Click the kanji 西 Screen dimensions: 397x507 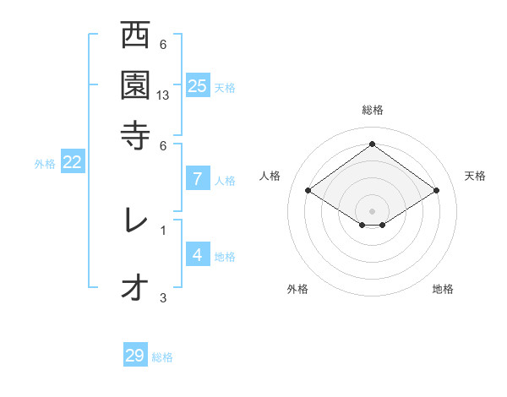(x=134, y=37)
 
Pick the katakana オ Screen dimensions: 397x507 (x=134, y=288)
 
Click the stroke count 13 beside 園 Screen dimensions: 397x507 (x=163, y=95)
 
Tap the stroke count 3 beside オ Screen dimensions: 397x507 (x=163, y=297)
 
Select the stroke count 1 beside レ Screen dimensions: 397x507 (x=163, y=229)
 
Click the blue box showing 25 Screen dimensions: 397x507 (x=197, y=85)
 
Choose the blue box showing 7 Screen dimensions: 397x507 (x=197, y=178)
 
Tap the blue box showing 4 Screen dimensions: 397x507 (x=197, y=254)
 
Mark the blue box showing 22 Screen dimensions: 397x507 (x=72, y=163)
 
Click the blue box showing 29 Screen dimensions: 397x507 (x=135, y=356)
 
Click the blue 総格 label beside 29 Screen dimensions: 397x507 (x=162, y=357)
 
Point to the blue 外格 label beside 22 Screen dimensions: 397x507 (x=44, y=164)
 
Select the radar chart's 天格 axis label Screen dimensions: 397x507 (x=475, y=176)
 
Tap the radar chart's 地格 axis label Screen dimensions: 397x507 (x=443, y=289)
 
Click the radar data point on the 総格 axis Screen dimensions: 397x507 (x=372, y=144)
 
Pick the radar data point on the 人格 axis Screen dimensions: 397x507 (x=308, y=191)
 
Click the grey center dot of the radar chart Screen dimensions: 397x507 (x=372, y=210)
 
